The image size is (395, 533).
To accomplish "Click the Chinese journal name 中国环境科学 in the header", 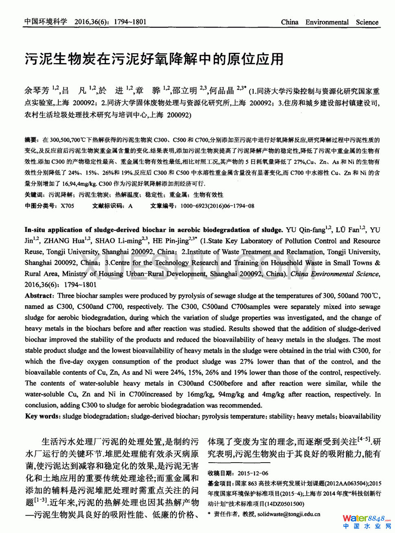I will pyautogui.click(x=45, y=22).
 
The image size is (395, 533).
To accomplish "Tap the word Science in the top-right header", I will pyautogui.click(x=367, y=22).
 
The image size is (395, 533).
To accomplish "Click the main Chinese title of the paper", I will pyautogui.click(x=154, y=59).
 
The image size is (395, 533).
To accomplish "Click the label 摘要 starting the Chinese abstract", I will pyautogui.click(x=31, y=140).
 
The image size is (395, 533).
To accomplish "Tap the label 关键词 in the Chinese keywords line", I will pyautogui.click(x=35, y=195).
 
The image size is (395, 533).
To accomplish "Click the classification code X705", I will pyautogui.click(x=67, y=206).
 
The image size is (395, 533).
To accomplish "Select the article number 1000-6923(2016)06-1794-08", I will pyautogui.click(x=217, y=206).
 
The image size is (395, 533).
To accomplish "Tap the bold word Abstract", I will pyautogui.click(x=39, y=296).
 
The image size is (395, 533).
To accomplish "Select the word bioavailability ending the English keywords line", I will pyautogui.click(x=360, y=416).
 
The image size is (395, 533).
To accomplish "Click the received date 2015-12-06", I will pyautogui.click(x=252, y=473).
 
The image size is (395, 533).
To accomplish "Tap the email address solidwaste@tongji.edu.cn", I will pyautogui.click(x=289, y=514).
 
